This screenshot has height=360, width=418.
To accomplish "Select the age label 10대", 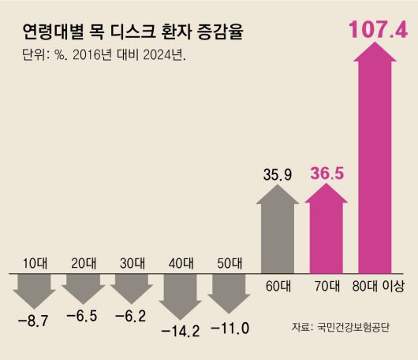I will click(33, 263).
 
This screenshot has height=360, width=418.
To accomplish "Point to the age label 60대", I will click(278, 287).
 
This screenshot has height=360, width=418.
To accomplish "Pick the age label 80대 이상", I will click(377, 287).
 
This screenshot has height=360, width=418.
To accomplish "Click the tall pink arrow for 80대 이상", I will click(377, 158).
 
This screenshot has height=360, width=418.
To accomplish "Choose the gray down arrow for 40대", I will click(181, 295).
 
